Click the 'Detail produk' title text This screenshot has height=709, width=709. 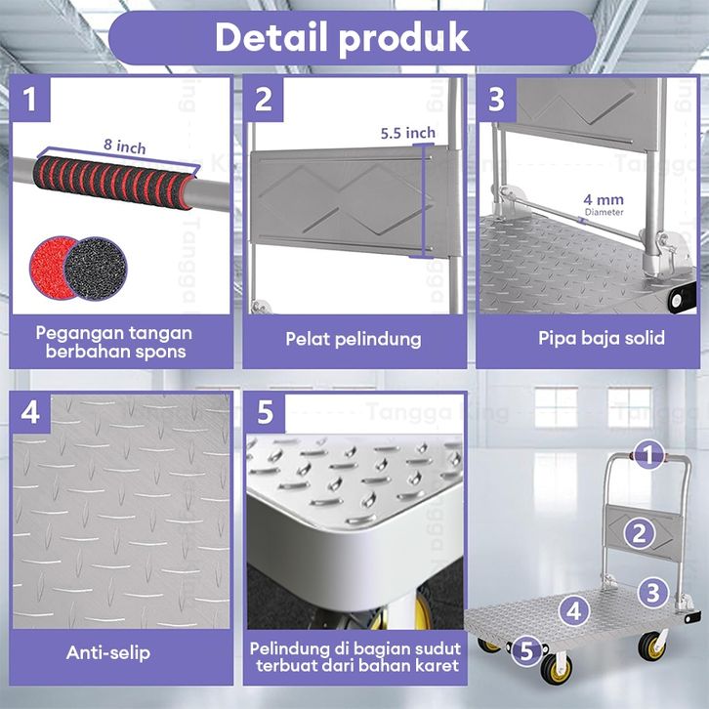[x=342, y=38]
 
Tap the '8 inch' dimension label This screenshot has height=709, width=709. [x=125, y=146]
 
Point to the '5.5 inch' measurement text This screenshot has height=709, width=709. [x=408, y=133]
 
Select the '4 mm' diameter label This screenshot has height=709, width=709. [x=604, y=199]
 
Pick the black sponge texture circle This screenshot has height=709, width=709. [x=96, y=269]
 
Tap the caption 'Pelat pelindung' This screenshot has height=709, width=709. [x=354, y=339]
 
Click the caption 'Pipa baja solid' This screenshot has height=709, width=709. [x=602, y=338]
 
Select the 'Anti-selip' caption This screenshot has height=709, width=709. [x=108, y=652]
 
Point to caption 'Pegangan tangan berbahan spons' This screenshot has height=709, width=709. [x=114, y=342]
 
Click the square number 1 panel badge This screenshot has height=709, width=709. [x=30, y=99]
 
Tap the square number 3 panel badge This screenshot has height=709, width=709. [x=496, y=99]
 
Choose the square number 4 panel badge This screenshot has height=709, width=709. [x=30, y=413]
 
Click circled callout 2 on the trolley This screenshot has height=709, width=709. [x=639, y=534]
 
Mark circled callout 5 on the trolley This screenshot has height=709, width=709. [x=526, y=651]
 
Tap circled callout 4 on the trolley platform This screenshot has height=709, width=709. [x=574, y=611]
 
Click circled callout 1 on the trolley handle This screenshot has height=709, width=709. [x=648, y=454]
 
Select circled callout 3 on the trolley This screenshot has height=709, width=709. [x=653, y=593]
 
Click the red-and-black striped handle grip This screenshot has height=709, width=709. [x=114, y=183]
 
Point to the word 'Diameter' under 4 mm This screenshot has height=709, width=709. [x=604, y=212]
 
